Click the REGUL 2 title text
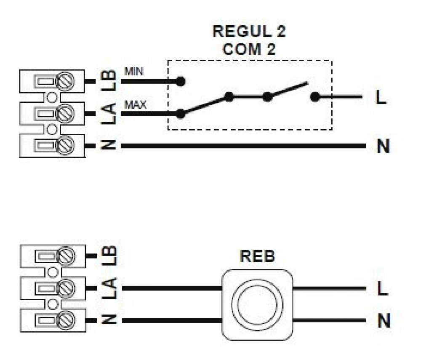[x=249, y=32]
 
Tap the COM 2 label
[x=249, y=49]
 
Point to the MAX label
[x=135, y=104]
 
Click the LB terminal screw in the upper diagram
[x=66, y=80]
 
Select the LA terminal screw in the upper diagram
[x=66, y=113]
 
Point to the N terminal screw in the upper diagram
[x=66, y=146]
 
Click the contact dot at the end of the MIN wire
[x=181, y=81]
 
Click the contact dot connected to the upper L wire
[x=314, y=97]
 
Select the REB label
[x=257, y=256]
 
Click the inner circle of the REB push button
[x=257, y=305]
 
